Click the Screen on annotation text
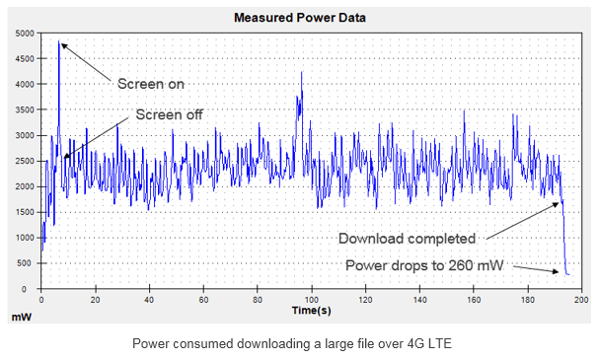pos(151,83)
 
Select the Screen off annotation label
pos(169,114)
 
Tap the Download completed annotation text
pos(408,238)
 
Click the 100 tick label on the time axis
pos(312,299)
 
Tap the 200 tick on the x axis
pos(582,299)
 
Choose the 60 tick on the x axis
pos(203,299)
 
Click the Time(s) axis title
pos(311,310)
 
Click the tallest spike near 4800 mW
pos(60,43)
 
